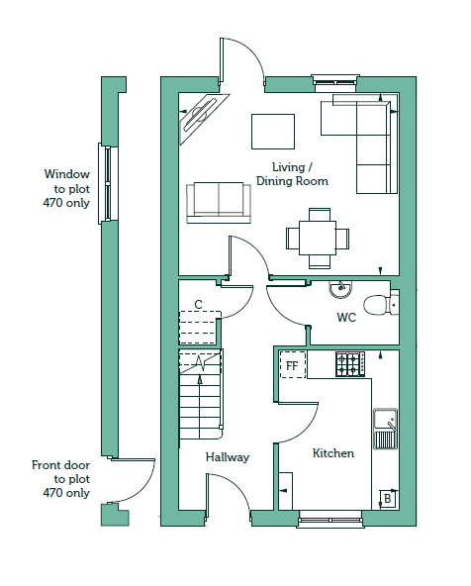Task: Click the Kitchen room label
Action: [333, 453]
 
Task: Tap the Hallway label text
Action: [228, 457]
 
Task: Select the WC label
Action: [346, 318]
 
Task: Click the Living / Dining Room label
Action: [292, 174]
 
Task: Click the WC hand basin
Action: [340, 289]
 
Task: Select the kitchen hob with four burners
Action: [350, 364]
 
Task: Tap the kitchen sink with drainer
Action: [386, 429]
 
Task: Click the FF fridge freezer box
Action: [293, 364]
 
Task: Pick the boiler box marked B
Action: [388, 499]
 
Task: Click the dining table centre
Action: [318, 238]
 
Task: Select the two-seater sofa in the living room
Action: [219, 203]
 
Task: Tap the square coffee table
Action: [273, 132]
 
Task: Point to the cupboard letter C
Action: [198, 305]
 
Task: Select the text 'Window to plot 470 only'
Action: [66, 189]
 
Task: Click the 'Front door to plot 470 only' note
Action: [61, 479]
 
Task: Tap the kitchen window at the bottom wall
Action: [330, 519]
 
